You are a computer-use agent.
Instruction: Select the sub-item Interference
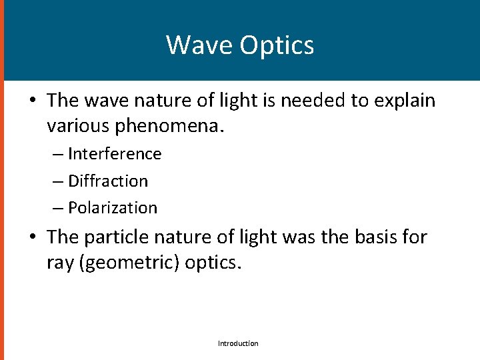pos(115,154)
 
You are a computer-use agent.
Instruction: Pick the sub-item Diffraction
pos(108,181)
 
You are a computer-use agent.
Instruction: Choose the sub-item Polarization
pos(113,208)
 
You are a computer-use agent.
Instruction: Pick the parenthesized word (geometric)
pos(129,262)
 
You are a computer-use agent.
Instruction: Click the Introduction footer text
pos(238,343)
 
